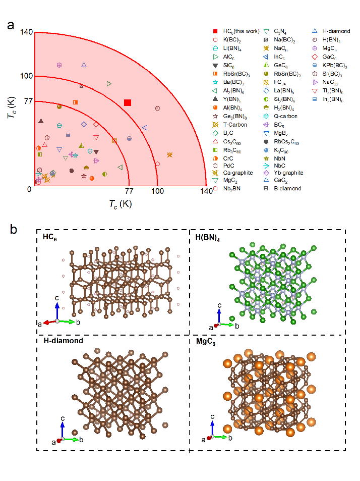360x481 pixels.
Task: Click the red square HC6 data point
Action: [x=128, y=103]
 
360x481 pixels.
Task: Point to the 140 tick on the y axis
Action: [x=27, y=32]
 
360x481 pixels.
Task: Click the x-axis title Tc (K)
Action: [x=120, y=204]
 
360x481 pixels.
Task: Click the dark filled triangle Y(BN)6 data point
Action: [x=41, y=121]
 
